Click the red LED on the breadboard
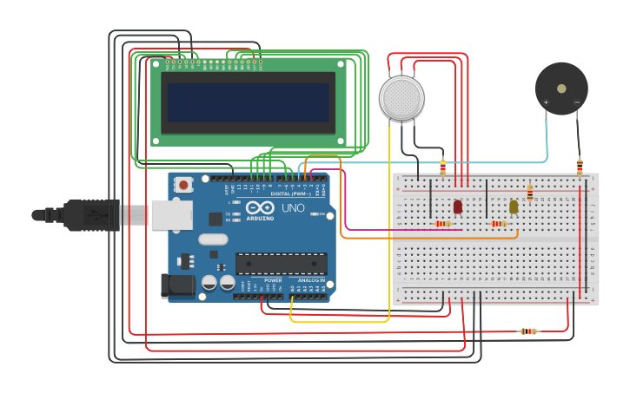pyautogui.click(x=458, y=206)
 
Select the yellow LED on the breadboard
pyautogui.click(x=514, y=206)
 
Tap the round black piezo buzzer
pyautogui.click(x=561, y=88)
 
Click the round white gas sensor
pyautogui.click(x=401, y=97)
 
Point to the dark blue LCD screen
pyautogui.click(x=249, y=102)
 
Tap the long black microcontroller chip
pyautogui.click(x=282, y=263)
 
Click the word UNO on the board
pyautogui.click(x=293, y=209)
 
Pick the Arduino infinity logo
pyautogui.click(x=260, y=209)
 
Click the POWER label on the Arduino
pyautogui.click(x=273, y=280)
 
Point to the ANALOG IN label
pyautogui.click(x=310, y=280)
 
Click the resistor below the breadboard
pyautogui.click(x=527, y=331)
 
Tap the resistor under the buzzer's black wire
pyautogui.click(x=580, y=166)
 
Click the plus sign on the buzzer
pyautogui.click(x=546, y=102)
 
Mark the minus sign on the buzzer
pyautogui.click(x=577, y=102)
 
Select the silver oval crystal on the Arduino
pyautogui.click(x=212, y=239)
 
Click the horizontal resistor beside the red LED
pyautogui.click(x=442, y=224)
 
